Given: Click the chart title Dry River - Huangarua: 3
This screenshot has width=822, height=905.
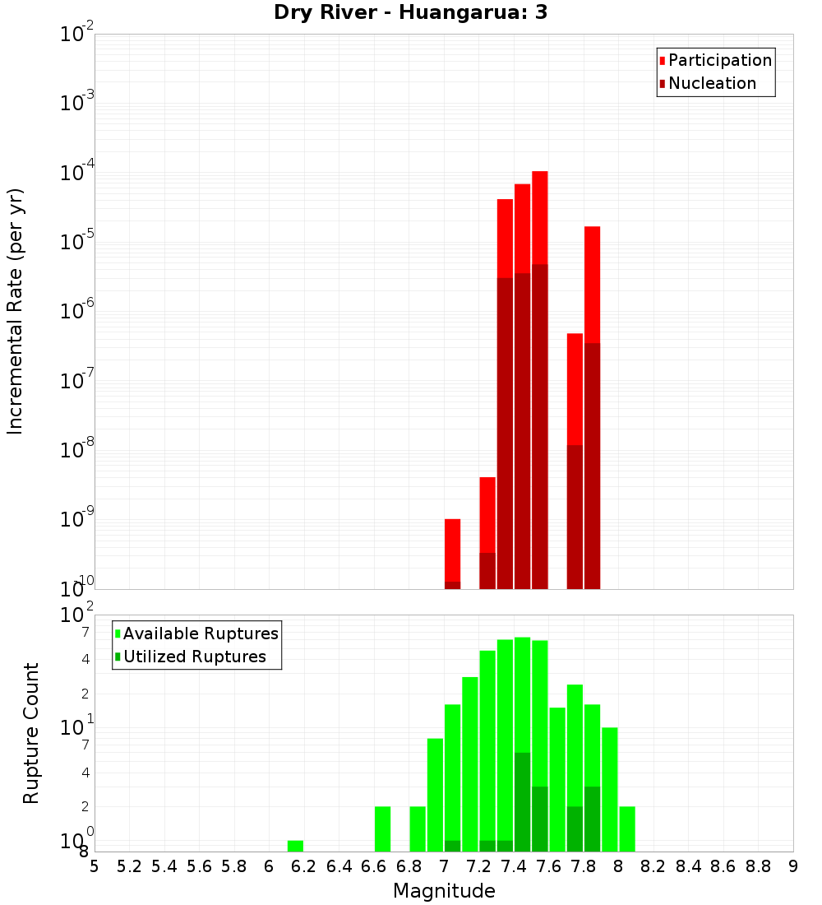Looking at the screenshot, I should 411,12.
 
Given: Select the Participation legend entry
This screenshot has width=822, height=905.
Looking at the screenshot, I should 719,60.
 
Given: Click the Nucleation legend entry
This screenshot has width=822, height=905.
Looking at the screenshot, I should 711,83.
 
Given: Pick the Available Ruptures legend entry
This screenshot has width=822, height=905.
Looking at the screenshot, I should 200,633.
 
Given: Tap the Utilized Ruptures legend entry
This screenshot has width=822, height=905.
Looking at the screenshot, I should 193,657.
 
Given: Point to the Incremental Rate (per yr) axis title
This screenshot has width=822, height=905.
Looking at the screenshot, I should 16,311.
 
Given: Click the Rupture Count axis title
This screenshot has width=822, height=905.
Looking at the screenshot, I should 31,733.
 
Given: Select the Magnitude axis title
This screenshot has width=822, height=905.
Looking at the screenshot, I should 444,891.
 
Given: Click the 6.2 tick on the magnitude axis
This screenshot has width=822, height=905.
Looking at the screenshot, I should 304,866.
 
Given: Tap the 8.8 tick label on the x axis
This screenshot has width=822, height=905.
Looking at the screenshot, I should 758,866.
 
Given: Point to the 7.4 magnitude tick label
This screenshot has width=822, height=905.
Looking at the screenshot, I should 514,866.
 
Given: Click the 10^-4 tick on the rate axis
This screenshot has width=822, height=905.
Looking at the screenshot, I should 78,173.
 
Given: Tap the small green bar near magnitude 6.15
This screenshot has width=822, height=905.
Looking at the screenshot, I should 295,846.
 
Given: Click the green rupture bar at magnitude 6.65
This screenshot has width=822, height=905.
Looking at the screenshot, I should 382,828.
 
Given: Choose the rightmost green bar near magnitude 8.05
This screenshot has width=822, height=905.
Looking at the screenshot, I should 627,828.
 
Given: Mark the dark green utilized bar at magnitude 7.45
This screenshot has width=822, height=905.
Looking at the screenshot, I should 522,802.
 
